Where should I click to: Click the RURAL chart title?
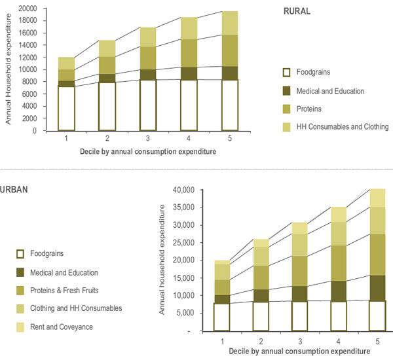(297, 11)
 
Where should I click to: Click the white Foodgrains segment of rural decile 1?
(66, 108)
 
